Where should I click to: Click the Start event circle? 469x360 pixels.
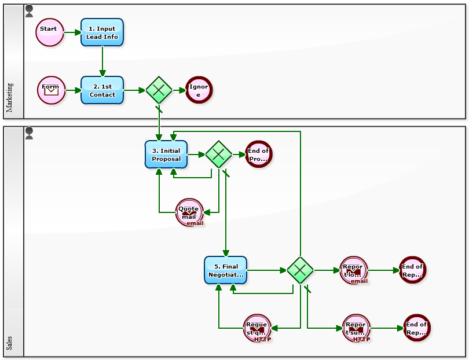pyautogui.click(x=49, y=32)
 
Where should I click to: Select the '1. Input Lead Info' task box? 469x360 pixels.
pyautogui.click(x=102, y=32)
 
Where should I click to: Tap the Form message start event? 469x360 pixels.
pyautogui.click(x=51, y=90)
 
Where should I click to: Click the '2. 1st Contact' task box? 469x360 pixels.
pyautogui.click(x=102, y=90)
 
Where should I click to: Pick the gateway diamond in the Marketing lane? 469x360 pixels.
pyautogui.click(x=159, y=90)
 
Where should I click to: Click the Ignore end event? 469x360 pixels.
pyautogui.click(x=199, y=90)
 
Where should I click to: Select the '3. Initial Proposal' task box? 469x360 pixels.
pyautogui.click(x=166, y=155)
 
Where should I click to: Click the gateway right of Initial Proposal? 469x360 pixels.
pyautogui.click(x=218, y=155)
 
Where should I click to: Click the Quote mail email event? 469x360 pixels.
pyautogui.click(x=189, y=213)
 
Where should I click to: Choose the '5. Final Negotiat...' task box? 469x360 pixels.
pyautogui.click(x=226, y=270)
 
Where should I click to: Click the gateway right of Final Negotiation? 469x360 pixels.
pyautogui.click(x=300, y=270)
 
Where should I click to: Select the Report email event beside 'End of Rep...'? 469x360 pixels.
pyautogui.click(x=354, y=270)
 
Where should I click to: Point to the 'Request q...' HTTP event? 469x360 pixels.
pyautogui.click(x=257, y=329)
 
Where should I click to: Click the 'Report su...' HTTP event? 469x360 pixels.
pyautogui.click(x=356, y=329)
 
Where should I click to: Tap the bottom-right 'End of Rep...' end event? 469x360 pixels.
pyautogui.click(x=416, y=328)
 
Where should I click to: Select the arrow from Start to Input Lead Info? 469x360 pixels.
pyautogui.click(x=72, y=32)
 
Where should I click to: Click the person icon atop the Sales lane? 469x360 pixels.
pyautogui.click(x=30, y=134)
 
